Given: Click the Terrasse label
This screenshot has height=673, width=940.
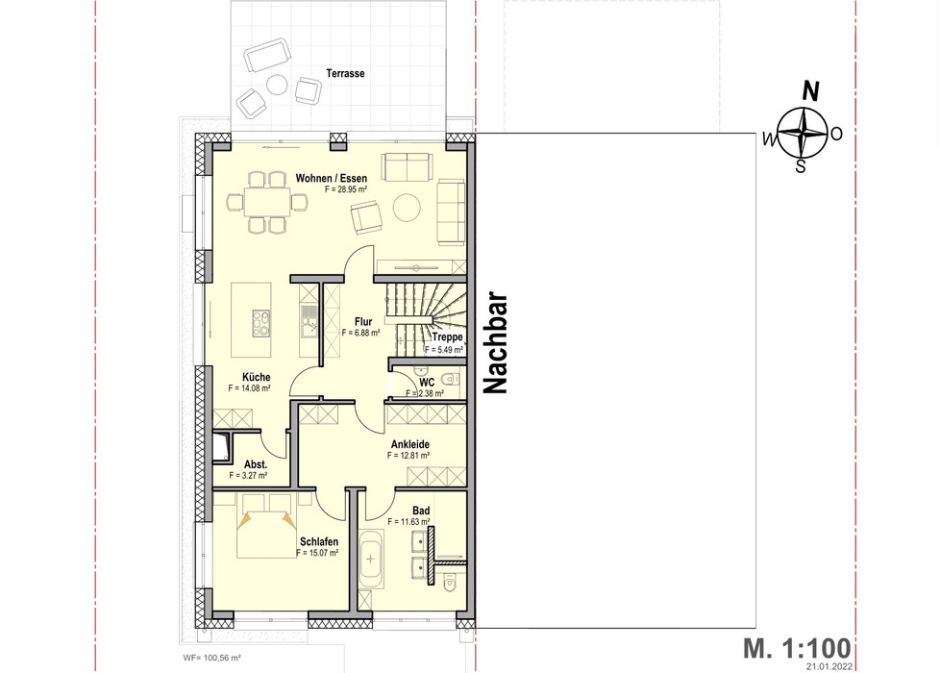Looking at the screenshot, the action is click(x=345, y=73).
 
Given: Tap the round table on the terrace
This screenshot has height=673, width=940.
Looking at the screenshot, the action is click(x=277, y=84).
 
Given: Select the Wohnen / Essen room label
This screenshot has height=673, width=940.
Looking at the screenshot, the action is click(x=331, y=178).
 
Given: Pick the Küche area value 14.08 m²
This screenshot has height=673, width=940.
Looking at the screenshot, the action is click(x=249, y=388).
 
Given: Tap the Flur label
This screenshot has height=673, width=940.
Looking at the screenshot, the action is click(x=363, y=321).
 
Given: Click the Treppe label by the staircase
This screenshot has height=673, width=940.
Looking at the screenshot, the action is click(x=447, y=337).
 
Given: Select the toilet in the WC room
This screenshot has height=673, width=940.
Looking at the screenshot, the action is click(x=450, y=379).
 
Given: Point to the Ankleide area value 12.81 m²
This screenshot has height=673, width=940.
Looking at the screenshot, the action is click(x=408, y=456).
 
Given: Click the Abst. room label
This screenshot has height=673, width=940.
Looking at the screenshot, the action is click(x=256, y=465).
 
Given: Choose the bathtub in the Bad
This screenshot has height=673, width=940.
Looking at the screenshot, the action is click(x=370, y=560).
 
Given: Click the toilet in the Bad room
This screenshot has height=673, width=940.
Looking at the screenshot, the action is click(x=449, y=581).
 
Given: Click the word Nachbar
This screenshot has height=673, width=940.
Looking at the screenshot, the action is click(x=496, y=343).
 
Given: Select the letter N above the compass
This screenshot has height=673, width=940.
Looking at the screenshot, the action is click(x=810, y=91).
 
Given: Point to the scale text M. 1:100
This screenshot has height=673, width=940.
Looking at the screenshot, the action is click(x=797, y=648).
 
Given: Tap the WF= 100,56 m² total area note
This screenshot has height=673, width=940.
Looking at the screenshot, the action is click(x=211, y=658).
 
